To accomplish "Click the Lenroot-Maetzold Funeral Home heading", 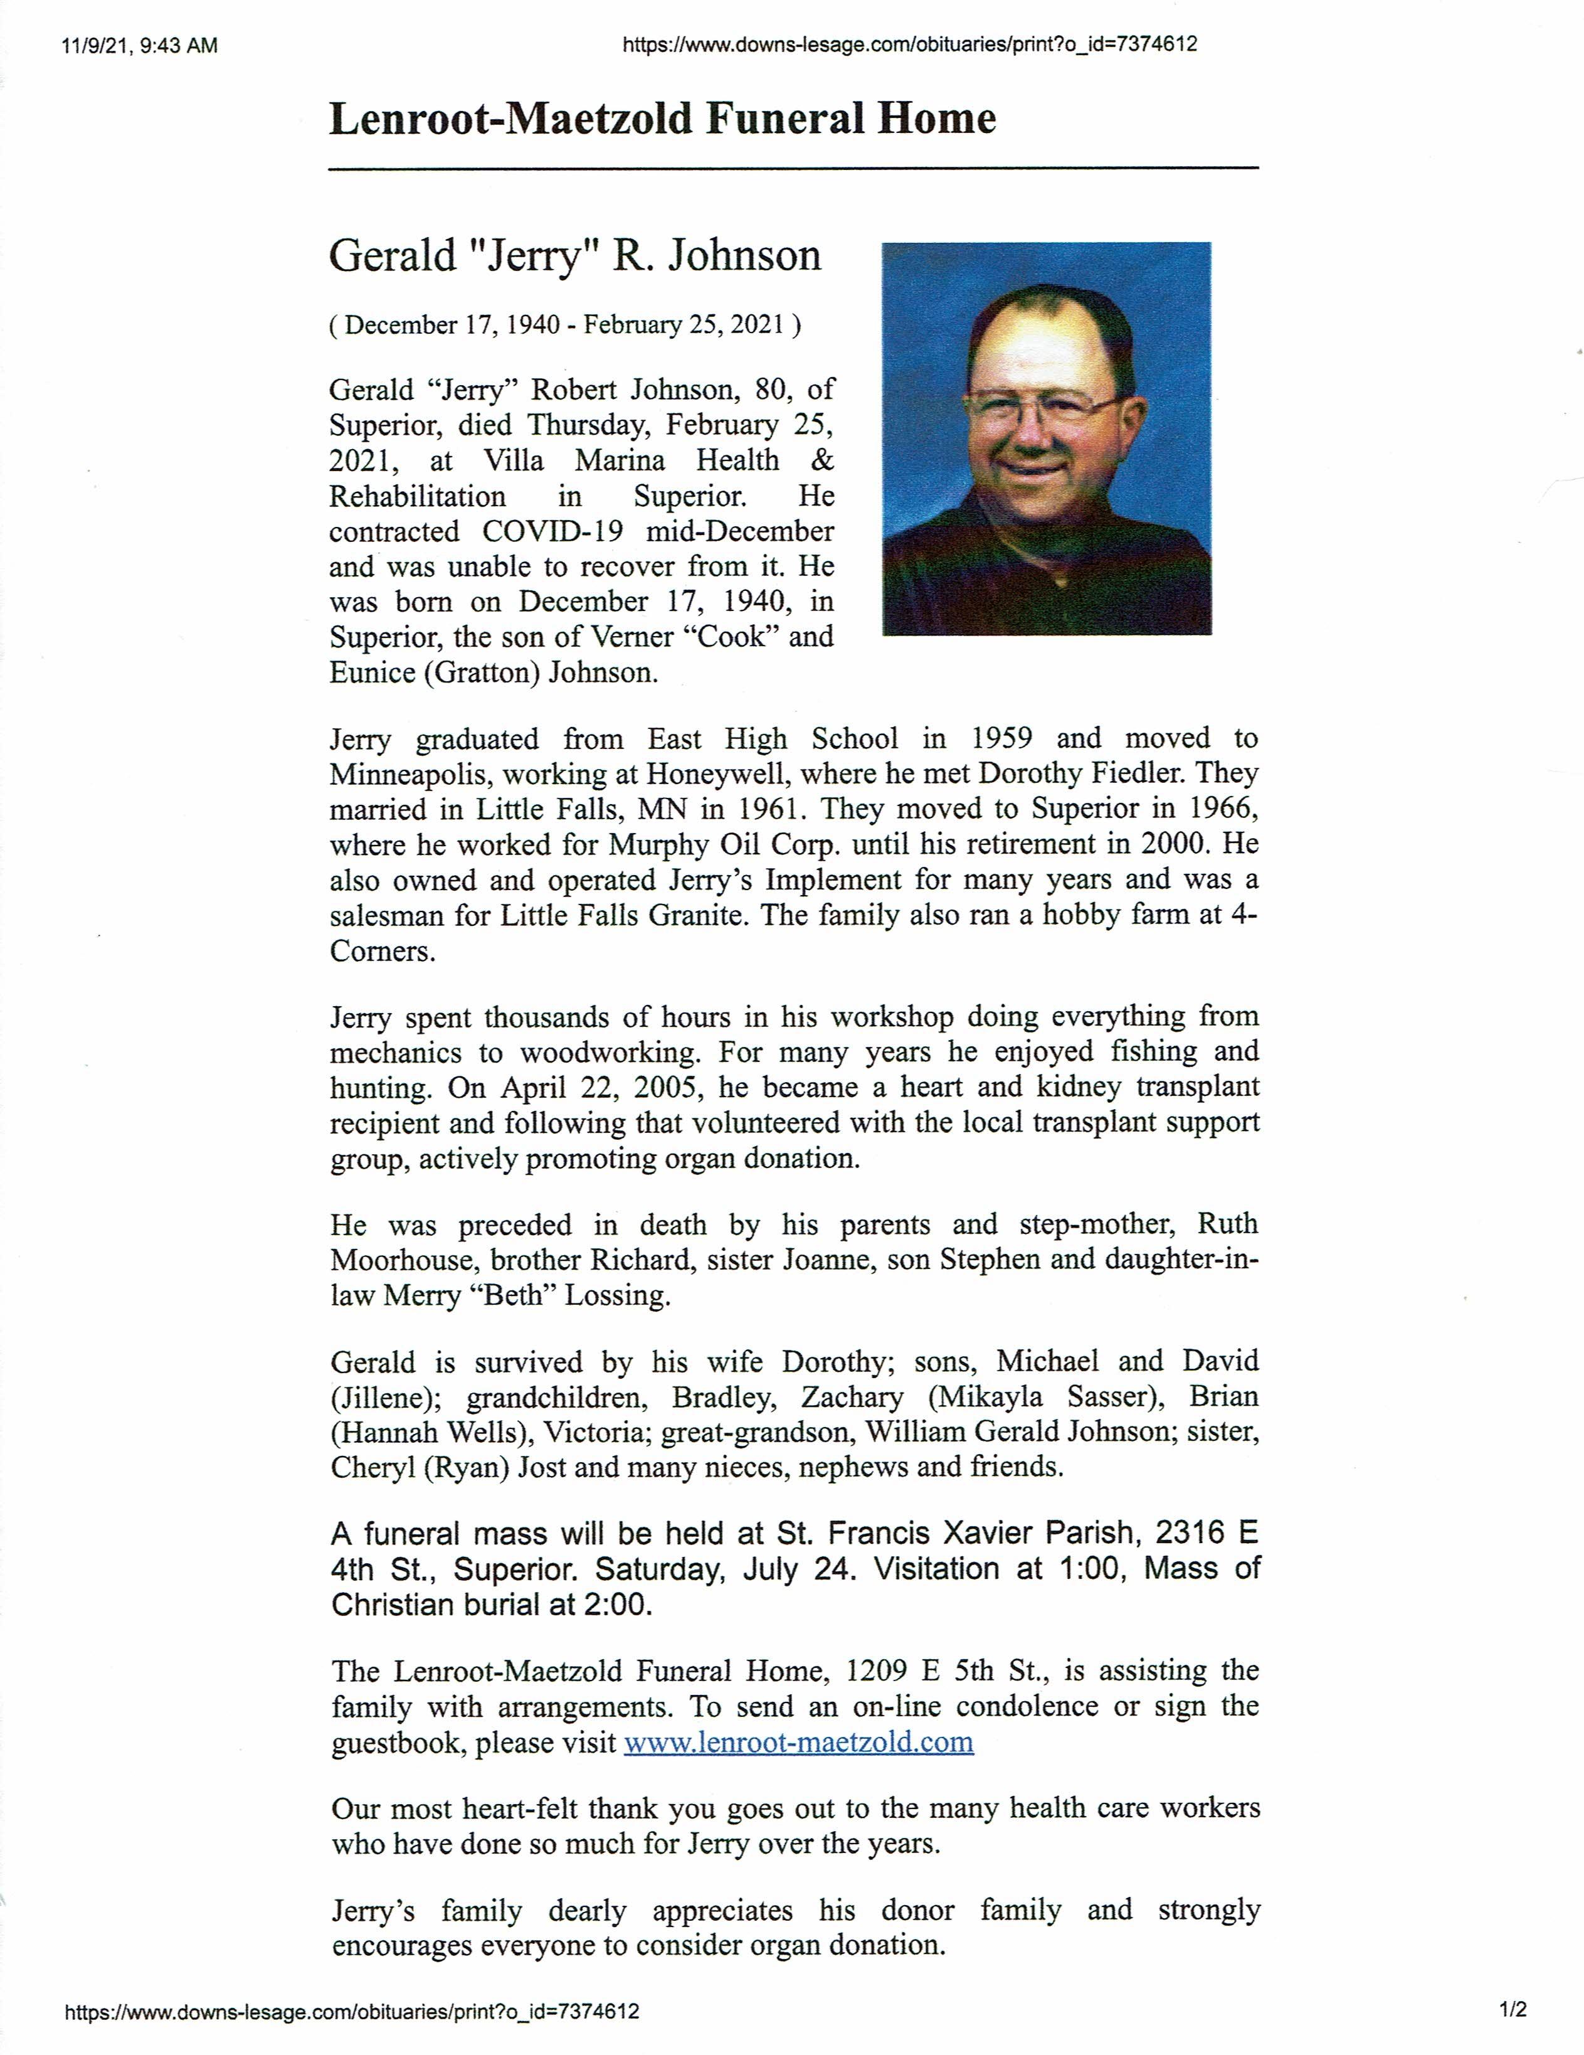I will point(662,119).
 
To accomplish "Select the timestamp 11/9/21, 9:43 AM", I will point(139,45).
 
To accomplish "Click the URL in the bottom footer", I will point(352,2012).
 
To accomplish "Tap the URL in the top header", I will point(909,44).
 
